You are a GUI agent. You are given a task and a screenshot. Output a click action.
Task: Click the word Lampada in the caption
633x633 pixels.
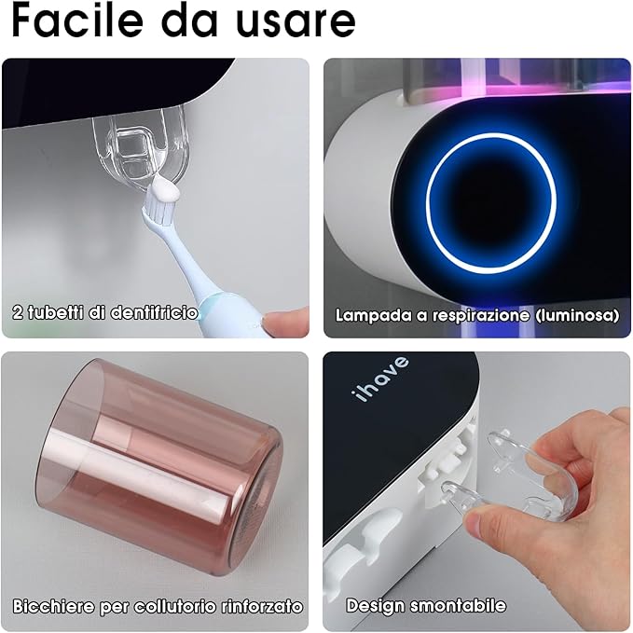tap(372, 315)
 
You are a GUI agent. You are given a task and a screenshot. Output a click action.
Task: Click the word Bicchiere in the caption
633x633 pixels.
tap(53, 606)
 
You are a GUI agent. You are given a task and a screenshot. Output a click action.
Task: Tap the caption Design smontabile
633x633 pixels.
tap(426, 605)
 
